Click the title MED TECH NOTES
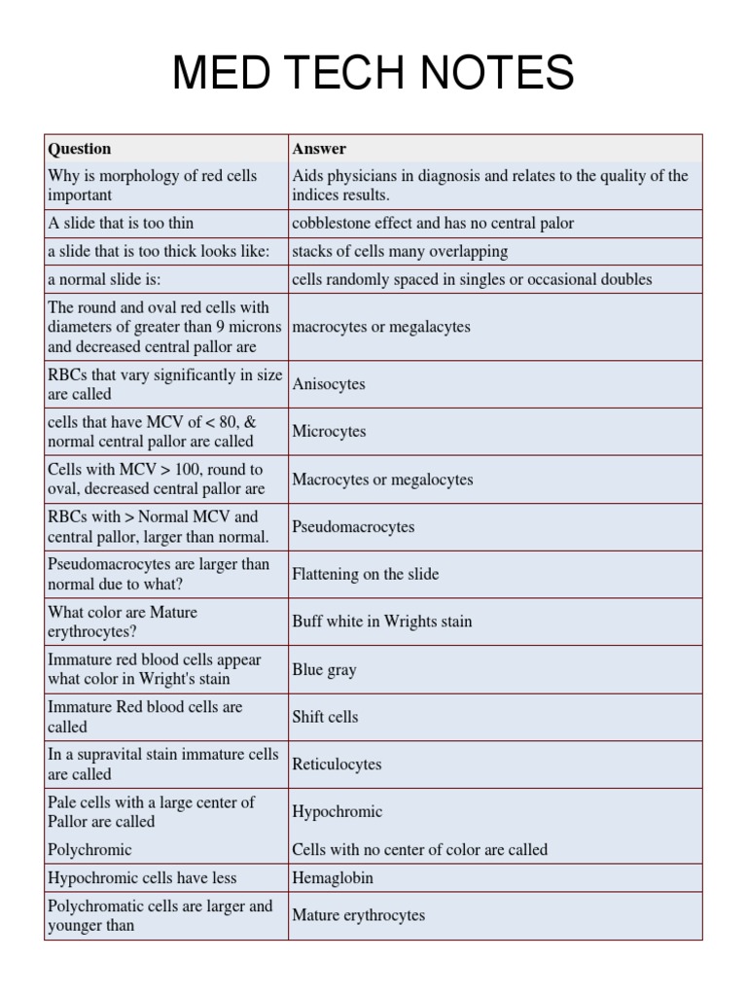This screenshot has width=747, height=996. pyautogui.click(x=373, y=74)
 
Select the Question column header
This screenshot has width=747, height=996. pyautogui.click(x=80, y=149)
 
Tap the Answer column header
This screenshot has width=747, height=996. pyautogui.click(x=319, y=149)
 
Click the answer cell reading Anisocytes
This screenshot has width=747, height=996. pyautogui.click(x=329, y=384)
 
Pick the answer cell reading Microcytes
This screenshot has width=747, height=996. pyautogui.click(x=329, y=432)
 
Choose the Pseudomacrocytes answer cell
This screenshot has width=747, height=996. pyautogui.click(x=353, y=527)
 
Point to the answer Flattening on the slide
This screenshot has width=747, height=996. pyautogui.click(x=365, y=575)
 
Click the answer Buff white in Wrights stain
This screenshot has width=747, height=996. pyautogui.click(x=381, y=622)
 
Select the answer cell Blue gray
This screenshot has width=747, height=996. pyautogui.click(x=324, y=670)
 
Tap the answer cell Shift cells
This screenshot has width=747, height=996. pyautogui.click(x=325, y=717)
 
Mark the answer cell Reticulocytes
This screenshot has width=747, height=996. pyautogui.click(x=337, y=765)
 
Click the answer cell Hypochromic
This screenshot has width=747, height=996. pyautogui.click(x=337, y=812)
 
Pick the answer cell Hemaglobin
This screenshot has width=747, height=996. pyautogui.click(x=333, y=878)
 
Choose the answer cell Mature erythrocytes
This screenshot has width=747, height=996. pyautogui.click(x=358, y=915)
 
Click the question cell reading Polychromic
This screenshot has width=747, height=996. pyautogui.click(x=89, y=850)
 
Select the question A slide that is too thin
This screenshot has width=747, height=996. pyautogui.click(x=121, y=224)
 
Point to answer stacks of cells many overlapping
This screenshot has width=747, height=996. pyautogui.click(x=400, y=252)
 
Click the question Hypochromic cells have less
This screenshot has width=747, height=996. pyautogui.click(x=142, y=878)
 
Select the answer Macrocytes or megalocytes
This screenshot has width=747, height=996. pyautogui.click(x=382, y=480)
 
